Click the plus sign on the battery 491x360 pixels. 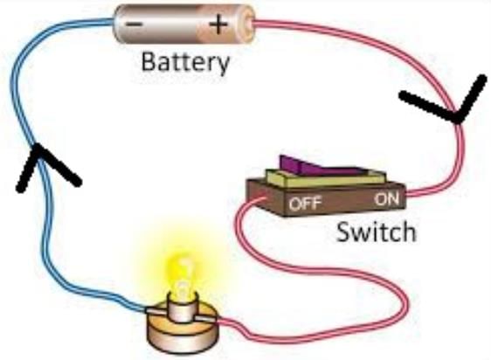[218, 24]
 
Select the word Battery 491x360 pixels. [185, 63]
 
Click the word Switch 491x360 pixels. [377, 232]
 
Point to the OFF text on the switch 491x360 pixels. [305, 204]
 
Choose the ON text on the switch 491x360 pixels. [387, 199]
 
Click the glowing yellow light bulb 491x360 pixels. [183, 276]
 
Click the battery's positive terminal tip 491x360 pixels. [249, 22]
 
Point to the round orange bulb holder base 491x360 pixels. [183, 329]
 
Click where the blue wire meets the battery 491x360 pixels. [114, 22]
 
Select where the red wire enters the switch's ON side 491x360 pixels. [407, 194]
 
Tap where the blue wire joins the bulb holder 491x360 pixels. [147, 310]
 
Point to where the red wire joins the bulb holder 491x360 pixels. [217, 320]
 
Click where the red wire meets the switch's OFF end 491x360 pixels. [263, 199]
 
